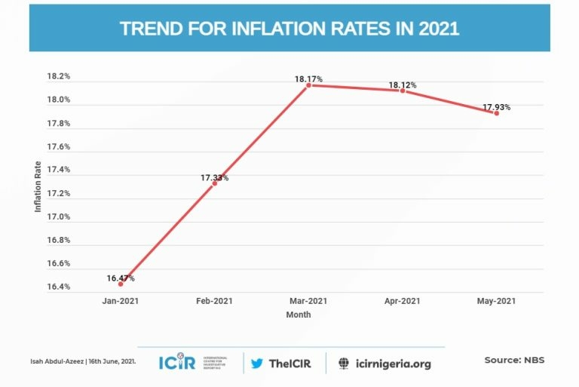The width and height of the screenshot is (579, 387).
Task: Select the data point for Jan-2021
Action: (121, 284)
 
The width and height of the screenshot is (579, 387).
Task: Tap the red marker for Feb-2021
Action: (215, 183)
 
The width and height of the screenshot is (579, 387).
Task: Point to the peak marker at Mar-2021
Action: (308, 85)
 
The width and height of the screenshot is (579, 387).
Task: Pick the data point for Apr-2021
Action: (403, 91)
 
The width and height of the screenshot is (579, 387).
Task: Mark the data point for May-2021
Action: (496, 113)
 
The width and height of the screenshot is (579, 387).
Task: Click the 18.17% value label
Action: (309, 78)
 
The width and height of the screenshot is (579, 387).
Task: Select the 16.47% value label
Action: (121, 278)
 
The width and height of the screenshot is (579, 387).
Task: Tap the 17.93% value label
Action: (496, 107)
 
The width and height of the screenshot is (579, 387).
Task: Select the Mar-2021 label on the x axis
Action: (308, 301)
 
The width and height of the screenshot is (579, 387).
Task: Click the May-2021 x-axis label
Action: (496, 301)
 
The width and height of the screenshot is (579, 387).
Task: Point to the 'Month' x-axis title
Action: (299, 315)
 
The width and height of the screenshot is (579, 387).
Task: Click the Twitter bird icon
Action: (257, 363)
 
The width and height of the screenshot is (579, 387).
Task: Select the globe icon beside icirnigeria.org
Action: (344, 363)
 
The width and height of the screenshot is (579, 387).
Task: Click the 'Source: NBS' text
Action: (514, 360)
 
